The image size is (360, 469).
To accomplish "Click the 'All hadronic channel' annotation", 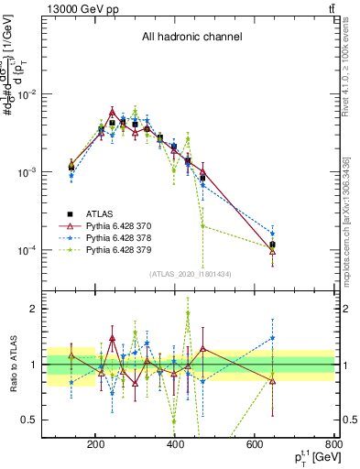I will (x=191, y=38).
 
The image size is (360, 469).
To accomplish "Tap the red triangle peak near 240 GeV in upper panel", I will (x=112, y=111).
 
